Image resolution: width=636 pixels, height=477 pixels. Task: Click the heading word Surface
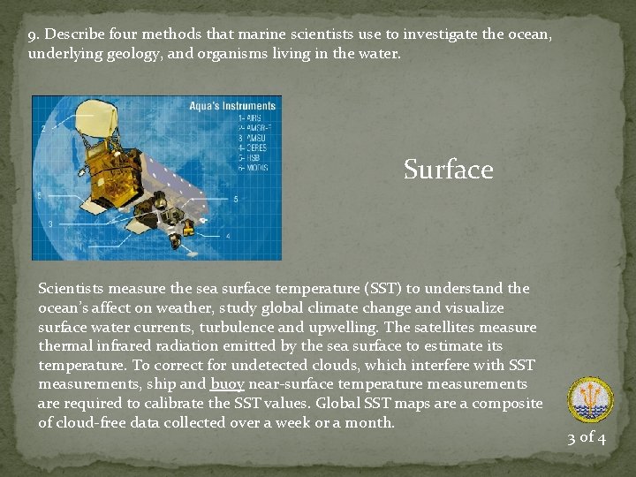448,169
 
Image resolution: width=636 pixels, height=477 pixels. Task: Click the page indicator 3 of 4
587,438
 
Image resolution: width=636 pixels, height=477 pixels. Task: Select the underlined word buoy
227,384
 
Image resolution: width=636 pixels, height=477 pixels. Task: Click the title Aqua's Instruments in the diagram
232,106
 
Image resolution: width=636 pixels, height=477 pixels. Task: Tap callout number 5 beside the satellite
235,200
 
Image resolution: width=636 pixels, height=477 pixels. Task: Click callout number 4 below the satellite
228,237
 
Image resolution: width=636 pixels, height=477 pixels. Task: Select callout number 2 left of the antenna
43,129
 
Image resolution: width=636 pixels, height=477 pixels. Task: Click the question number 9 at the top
33,34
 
